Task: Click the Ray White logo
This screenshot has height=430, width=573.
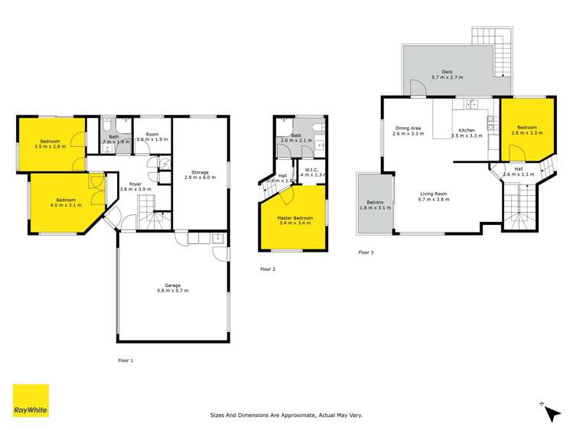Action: coord(31,400)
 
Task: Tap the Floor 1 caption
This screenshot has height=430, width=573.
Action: coord(125,360)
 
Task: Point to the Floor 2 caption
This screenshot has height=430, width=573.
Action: coord(268,269)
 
